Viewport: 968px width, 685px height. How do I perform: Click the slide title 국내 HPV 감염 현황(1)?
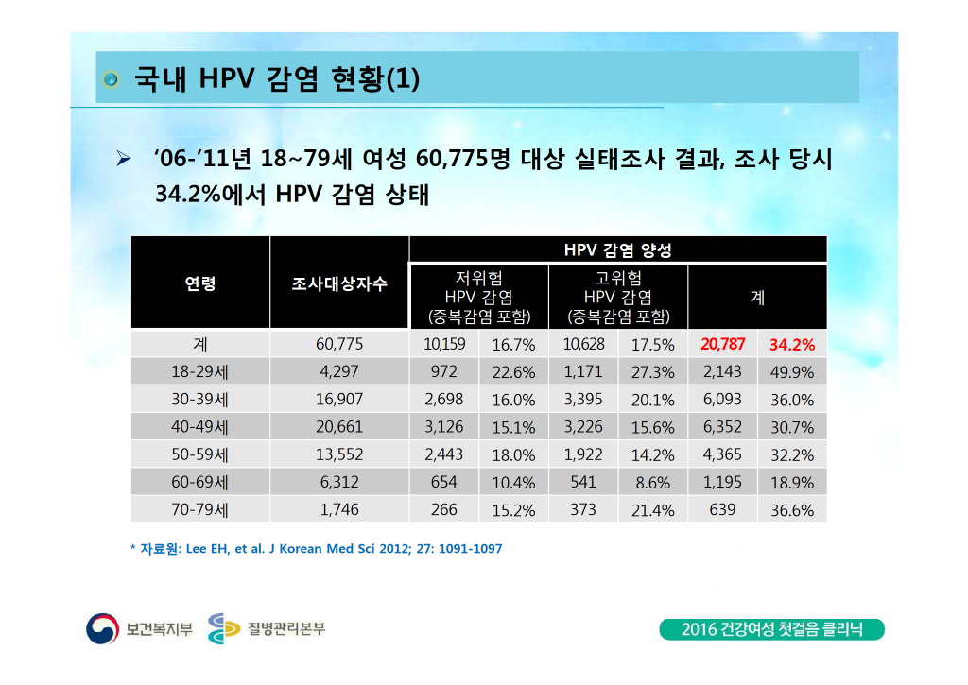tap(277, 78)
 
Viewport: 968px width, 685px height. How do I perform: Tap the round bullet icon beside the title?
tap(112, 79)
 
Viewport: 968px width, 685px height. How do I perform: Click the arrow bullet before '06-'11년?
tap(124, 160)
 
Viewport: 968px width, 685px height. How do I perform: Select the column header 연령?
tap(200, 283)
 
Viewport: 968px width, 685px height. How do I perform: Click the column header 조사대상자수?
tap(339, 283)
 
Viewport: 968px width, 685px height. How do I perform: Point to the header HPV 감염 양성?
tap(617, 250)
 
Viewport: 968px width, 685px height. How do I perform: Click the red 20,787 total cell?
tap(723, 344)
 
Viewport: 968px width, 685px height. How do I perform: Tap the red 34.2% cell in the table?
tap(792, 345)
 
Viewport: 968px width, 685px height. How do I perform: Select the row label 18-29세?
tap(200, 372)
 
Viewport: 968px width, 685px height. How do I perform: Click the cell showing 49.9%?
tap(792, 373)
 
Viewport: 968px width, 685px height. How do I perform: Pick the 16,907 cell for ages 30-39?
tap(339, 400)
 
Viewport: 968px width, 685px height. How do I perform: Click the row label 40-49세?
tap(200, 427)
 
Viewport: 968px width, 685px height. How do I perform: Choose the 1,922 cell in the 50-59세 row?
tap(583, 454)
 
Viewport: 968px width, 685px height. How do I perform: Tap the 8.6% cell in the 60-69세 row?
tap(652, 483)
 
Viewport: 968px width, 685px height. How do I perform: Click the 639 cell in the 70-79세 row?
tap(722, 510)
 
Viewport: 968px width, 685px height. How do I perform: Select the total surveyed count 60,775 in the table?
tap(339, 344)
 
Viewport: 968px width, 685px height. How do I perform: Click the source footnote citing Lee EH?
tap(316, 549)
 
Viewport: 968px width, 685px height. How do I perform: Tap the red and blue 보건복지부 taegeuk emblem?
tap(102, 629)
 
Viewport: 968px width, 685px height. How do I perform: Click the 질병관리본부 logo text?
tap(286, 629)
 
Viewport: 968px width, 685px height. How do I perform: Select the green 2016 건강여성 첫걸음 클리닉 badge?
tap(771, 629)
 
